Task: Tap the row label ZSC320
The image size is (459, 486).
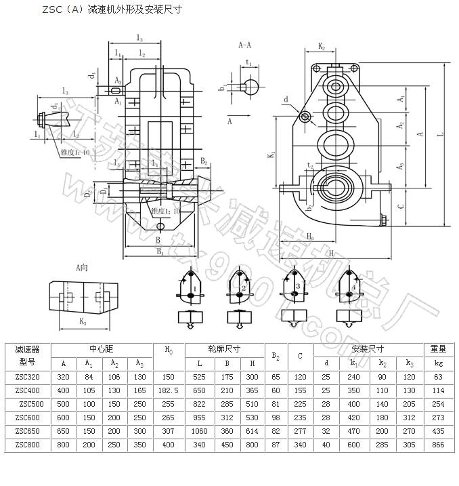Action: point(27,377)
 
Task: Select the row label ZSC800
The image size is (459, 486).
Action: point(27,445)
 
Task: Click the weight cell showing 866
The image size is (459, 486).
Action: point(437,445)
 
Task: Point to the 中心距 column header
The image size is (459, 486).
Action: point(103,349)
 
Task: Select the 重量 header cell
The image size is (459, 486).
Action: point(437,349)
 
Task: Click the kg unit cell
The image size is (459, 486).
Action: point(437,363)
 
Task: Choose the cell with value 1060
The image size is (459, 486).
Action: point(199,432)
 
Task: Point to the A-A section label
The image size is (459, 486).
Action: point(245,45)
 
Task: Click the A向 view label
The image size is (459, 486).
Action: point(82,268)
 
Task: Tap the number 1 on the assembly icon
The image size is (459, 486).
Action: point(195,289)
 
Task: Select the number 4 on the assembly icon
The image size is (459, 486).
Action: point(354,288)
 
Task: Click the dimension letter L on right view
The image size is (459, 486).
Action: point(441,136)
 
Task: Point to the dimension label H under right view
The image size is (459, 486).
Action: point(331,252)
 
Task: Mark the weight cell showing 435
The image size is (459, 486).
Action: point(437,432)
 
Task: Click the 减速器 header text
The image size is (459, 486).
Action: point(27,349)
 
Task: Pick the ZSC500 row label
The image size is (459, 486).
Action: point(28,404)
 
